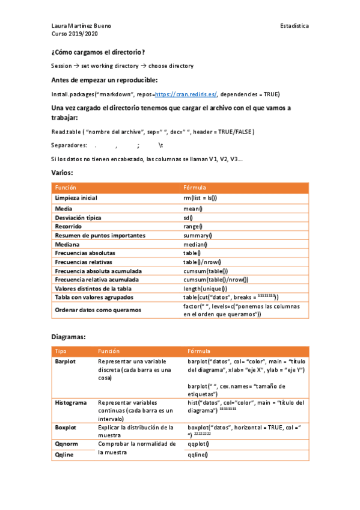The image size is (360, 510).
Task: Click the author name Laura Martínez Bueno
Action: (81, 26)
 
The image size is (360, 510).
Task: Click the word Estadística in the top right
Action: (294, 26)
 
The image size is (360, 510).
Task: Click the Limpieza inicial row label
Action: (76, 198)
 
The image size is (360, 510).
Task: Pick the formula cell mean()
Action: (193, 209)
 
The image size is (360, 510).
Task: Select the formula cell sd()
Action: (188, 218)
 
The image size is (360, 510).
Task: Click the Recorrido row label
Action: (69, 226)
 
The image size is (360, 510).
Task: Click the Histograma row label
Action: (71, 402)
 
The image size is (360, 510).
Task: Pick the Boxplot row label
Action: (66, 427)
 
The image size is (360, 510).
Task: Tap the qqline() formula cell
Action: (198, 455)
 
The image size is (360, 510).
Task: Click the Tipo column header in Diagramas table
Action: (61, 351)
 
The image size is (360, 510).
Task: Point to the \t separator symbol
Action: (160, 146)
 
